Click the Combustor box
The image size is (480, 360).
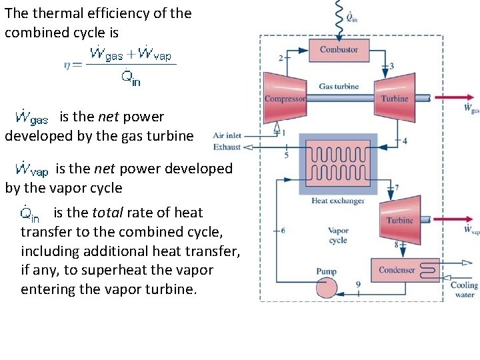[x=339, y=50]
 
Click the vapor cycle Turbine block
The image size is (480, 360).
[x=400, y=219]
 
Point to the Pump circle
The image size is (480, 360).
[x=327, y=287]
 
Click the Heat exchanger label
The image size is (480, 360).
[x=338, y=201]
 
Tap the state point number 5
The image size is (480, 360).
[x=287, y=155]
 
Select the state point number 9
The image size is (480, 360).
[x=358, y=285]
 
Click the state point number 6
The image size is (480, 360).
[x=283, y=230]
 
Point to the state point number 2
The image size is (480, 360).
[x=281, y=58]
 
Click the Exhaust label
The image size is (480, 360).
[x=227, y=146]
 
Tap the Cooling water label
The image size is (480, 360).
[x=464, y=289]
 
